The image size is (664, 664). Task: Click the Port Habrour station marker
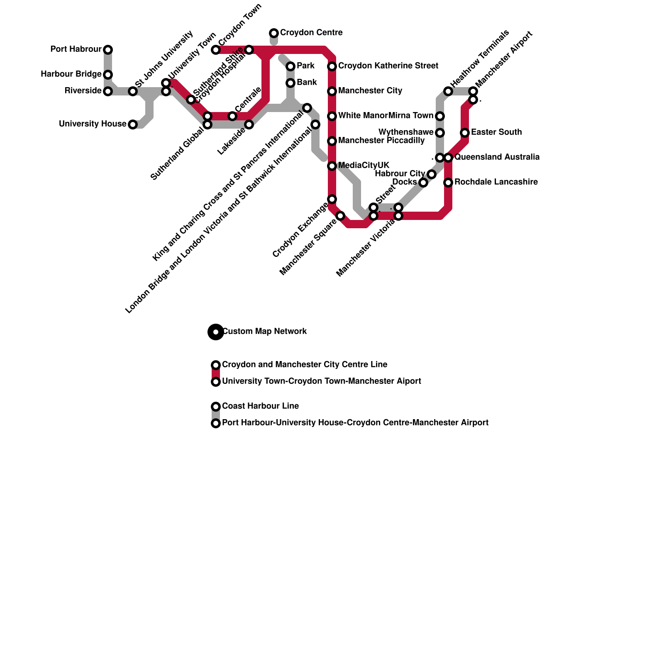108,50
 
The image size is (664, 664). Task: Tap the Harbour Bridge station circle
108,75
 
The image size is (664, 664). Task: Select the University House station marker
133,124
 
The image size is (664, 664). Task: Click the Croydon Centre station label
311,33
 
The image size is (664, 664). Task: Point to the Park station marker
290,66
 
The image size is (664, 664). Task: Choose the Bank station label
307,83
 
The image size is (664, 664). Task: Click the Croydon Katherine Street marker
332,66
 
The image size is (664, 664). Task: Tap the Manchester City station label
370,91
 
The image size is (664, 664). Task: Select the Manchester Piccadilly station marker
332,141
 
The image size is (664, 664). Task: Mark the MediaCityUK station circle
332,166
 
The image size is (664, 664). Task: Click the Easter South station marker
465,133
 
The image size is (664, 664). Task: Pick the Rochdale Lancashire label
496,182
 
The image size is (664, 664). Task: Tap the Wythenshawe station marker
440,133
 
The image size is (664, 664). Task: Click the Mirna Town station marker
440,116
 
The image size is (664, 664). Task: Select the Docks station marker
423,183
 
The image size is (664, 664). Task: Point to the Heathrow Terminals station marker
448,91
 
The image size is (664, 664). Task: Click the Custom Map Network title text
264,332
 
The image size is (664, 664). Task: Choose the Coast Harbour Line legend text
260,406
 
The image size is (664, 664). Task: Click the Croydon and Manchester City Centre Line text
305,365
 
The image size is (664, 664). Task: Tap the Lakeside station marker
249,124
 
